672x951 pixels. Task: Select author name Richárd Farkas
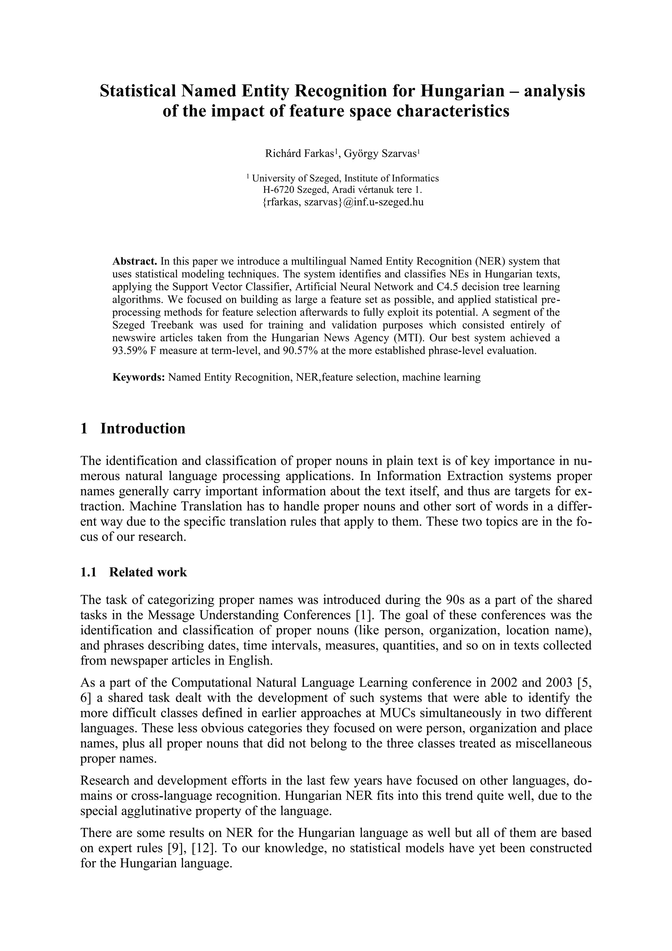299,154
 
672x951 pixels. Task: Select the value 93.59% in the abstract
130,351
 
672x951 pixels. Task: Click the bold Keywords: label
139,377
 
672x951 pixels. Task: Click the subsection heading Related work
148,572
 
